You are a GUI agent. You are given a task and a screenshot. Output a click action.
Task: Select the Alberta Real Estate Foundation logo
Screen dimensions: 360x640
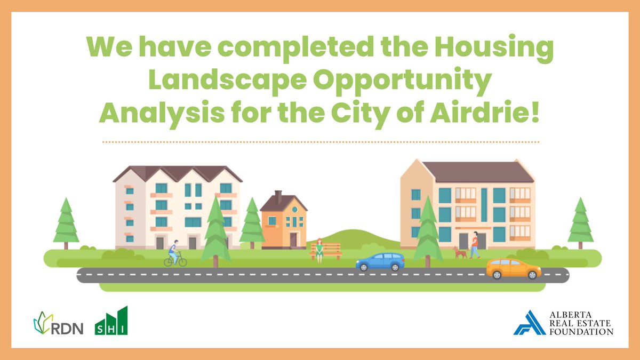point(563,323)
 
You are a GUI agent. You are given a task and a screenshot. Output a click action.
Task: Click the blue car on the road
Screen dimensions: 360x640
point(380,262)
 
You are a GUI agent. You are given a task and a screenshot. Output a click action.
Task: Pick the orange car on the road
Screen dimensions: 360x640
point(514,268)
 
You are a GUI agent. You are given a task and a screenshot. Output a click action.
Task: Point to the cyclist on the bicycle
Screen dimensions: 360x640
point(174,254)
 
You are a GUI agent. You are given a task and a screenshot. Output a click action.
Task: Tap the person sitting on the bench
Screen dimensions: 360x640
point(319,249)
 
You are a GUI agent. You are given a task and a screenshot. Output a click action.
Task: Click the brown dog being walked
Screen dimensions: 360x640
point(460,252)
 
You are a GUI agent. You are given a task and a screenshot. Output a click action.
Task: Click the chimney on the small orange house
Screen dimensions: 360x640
point(278,197)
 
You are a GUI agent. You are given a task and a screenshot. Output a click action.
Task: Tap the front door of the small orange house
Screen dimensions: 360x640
point(293,239)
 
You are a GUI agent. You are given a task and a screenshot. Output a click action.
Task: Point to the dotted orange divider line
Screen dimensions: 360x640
point(320,142)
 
